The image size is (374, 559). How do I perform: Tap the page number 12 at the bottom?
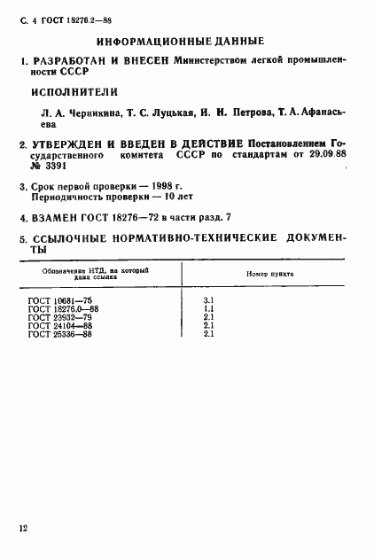click(23, 529)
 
